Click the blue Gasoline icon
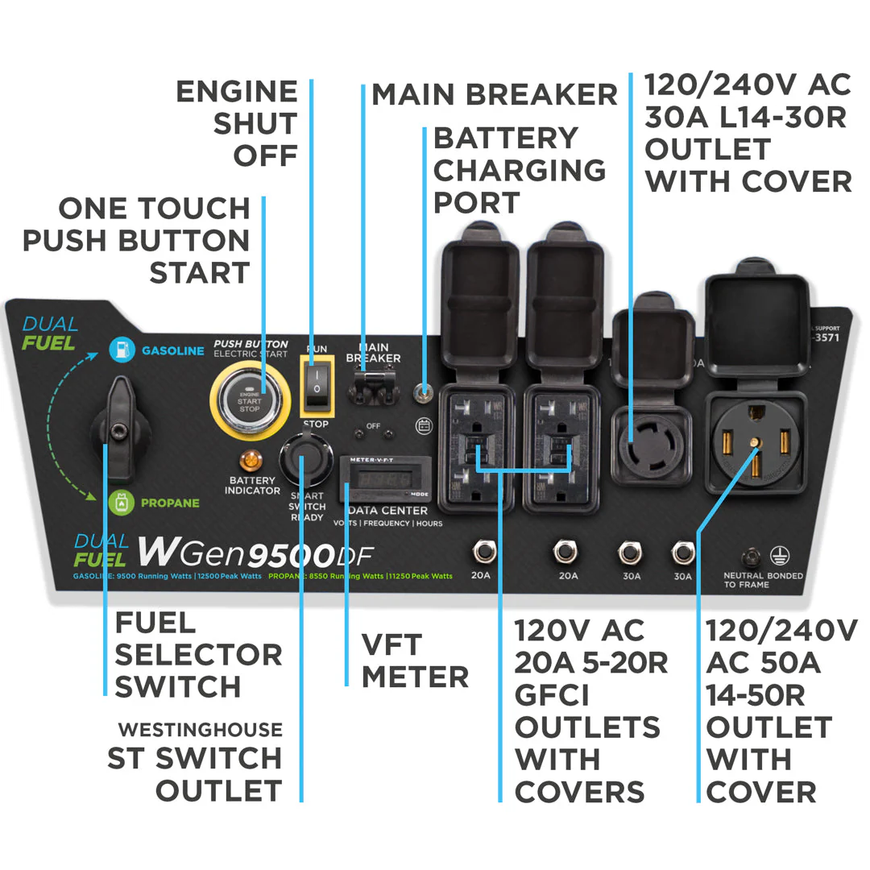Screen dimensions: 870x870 tap(122, 350)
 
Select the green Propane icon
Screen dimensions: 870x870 tap(121, 503)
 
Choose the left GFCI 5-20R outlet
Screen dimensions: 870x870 tap(476, 447)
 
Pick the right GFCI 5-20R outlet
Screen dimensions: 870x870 tap(561, 447)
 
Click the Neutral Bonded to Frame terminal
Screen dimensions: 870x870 tap(754, 557)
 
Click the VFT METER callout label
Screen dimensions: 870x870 tap(414, 661)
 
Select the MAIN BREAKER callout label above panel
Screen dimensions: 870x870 tap(493, 94)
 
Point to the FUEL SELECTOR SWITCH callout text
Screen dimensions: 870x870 tap(198, 654)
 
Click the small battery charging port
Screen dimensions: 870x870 tap(420, 394)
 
